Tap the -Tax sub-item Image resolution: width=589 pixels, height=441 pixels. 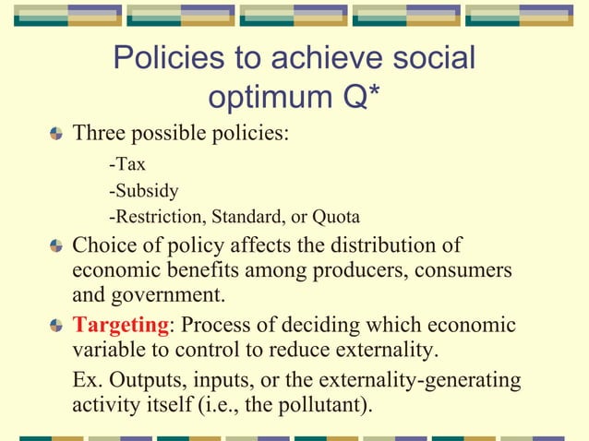coord(127,167)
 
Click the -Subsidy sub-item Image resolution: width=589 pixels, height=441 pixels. coord(143,192)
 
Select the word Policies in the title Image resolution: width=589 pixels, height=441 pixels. coord(170,58)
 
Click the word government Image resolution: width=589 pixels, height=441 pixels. coord(172,297)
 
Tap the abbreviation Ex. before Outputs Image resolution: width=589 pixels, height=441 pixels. coord(88,380)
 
